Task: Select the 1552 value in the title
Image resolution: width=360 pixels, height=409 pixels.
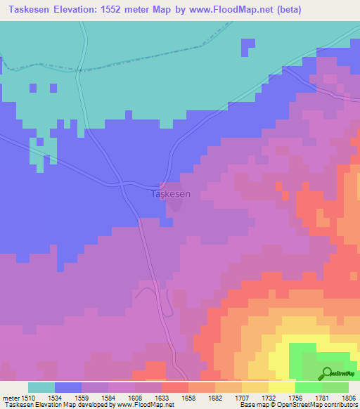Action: pos(132,9)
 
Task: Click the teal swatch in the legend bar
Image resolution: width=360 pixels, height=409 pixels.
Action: pos(41,387)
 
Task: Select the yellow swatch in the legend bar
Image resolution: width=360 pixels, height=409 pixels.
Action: pos(281,387)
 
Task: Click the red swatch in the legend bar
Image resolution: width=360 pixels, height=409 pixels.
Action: pos(175,387)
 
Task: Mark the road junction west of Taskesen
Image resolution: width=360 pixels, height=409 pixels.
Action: pos(124,184)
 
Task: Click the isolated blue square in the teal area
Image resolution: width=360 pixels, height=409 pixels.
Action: pos(247,47)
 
